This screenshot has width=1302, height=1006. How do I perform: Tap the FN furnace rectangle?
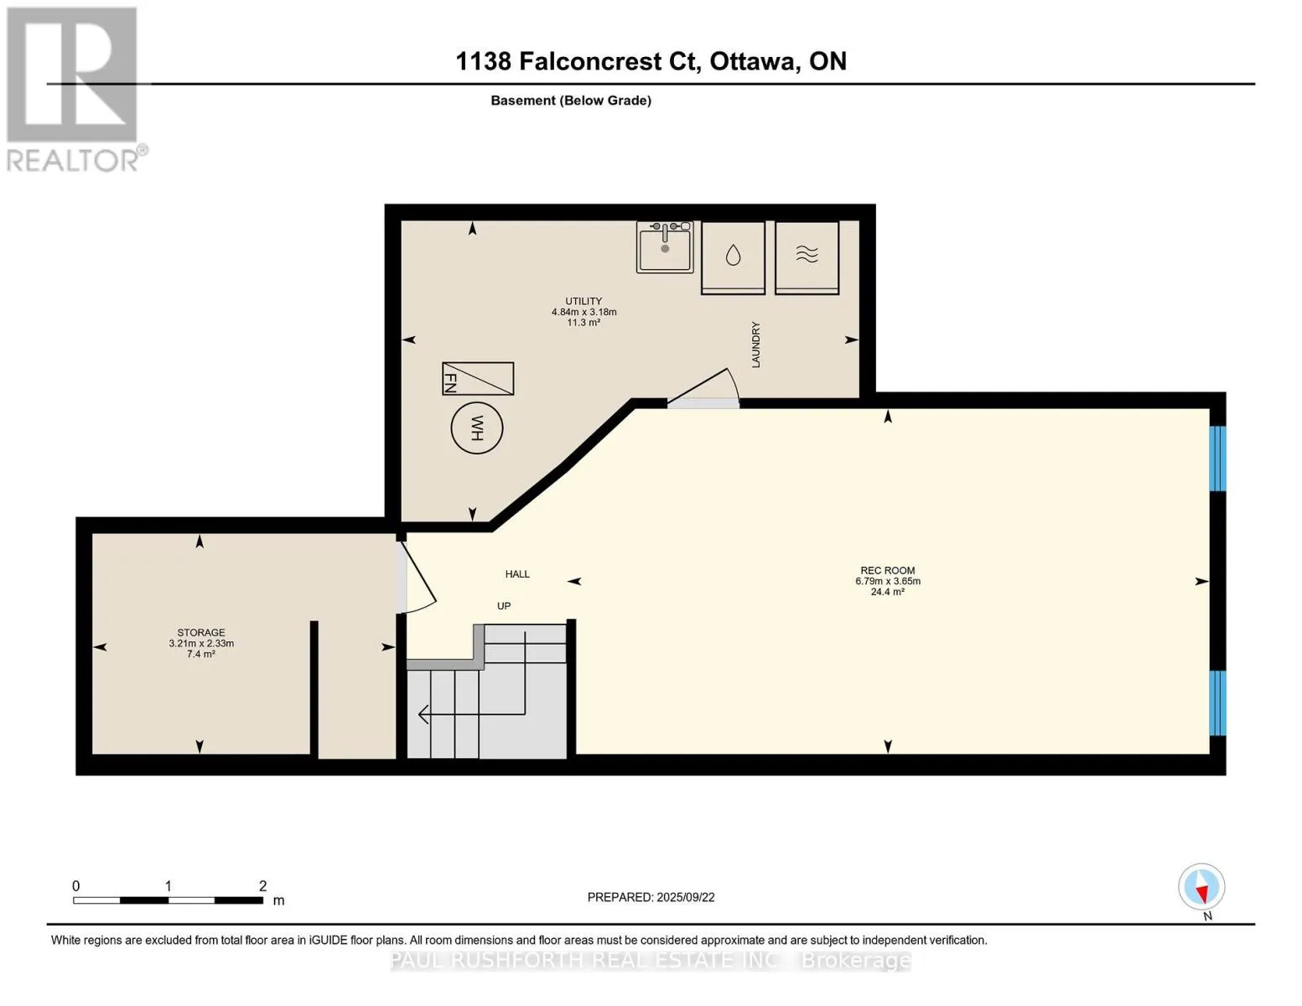pyautogui.click(x=478, y=379)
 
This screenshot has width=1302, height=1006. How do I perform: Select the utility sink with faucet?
pyautogui.click(x=665, y=246)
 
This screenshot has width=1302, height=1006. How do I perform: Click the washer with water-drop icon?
pyautogui.click(x=733, y=257)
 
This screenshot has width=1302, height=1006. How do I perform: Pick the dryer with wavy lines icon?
pyautogui.click(x=807, y=257)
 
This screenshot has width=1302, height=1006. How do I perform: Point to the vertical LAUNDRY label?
pyautogui.click(x=755, y=345)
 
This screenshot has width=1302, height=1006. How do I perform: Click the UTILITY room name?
pyautogui.click(x=584, y=301)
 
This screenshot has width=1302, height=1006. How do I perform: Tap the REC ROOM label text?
pyautogui.click(x=887, y=570)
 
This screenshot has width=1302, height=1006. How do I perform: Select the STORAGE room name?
pyautogui.click(x=201, y=632)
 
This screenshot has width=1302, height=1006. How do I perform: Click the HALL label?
pyautogui.click(x=517, y=574)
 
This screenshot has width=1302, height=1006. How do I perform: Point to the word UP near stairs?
pyautogui.click(x=504, y=606)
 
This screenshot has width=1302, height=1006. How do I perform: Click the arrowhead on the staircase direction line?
pyautogui.click(x=423, y=714)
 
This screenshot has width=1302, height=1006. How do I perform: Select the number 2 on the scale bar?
pyautogui.click(x=262, y=885)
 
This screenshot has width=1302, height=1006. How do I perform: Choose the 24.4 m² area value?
pyautogui.click(x=887, y=591)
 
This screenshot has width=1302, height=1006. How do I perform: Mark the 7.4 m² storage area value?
pyautogui.click(x=201, y=654)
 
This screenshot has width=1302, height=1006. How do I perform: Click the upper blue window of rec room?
pyautogui.click(x=1217, y=459)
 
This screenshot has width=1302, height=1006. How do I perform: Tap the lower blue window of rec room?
pyautogui.click(x=1217, y=703)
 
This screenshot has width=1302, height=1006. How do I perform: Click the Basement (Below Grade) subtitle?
pyautogui.click(x=570, y=101)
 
